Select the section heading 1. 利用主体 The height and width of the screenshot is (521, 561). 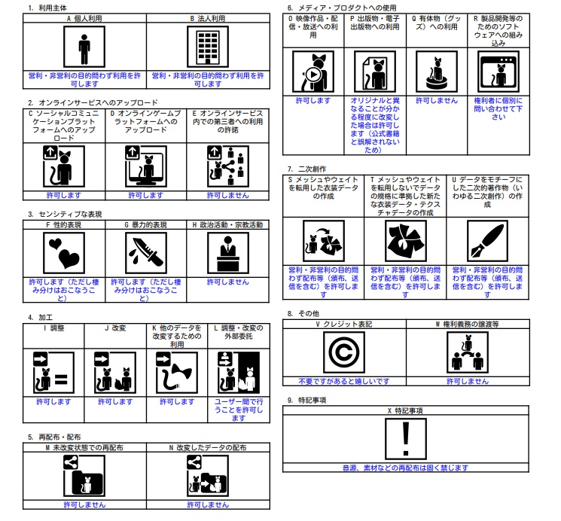pyautogui.click(x=47, y=7)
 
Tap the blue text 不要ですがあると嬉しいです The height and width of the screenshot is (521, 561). pyautogui.click(x=343, y=381)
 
